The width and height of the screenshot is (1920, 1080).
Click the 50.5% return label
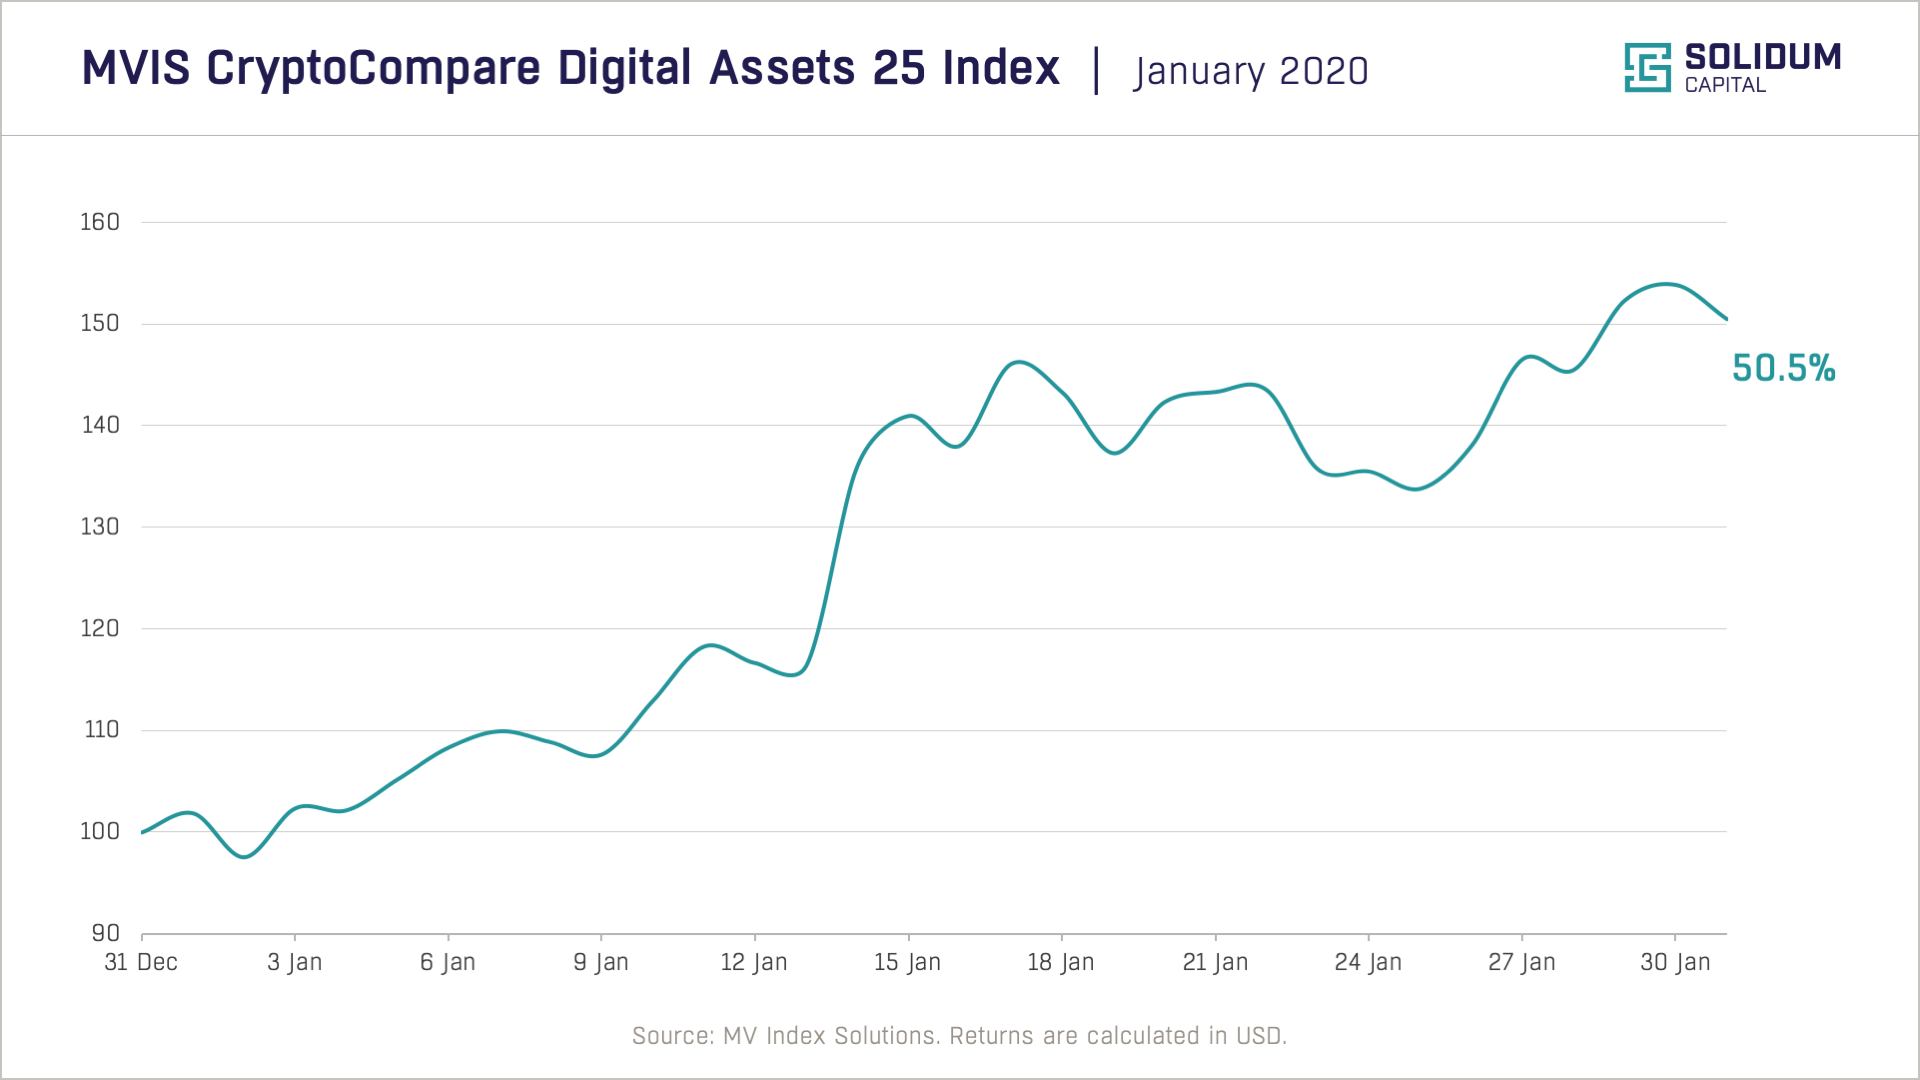click(1783, 368)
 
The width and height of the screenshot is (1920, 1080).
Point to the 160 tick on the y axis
click(100, 222)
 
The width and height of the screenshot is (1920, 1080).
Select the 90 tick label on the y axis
click(105, 933)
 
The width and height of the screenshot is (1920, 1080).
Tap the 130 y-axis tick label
click(100, 527)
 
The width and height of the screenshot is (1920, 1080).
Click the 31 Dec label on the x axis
click(141, 962)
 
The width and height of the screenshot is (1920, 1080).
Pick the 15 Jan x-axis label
click(907, 962)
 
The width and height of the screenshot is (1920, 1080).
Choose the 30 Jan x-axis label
click(1675, 962)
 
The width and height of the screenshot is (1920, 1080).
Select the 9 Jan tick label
click(601, 962)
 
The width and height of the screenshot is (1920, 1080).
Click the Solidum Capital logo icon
click(1647, 68)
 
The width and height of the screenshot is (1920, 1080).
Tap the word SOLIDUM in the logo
click(1762, 57)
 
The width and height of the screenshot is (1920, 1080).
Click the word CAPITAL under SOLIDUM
click(1725, 86)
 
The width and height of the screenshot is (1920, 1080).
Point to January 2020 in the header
click(1250, 71)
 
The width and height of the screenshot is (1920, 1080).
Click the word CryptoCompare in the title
click(374, 68)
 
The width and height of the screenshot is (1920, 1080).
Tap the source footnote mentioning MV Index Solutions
click(959, 1036)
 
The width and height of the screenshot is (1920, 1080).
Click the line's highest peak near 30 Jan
click(1665, 284)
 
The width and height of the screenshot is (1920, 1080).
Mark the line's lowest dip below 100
click(245, 857)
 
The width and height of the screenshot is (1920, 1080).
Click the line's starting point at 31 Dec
click(143, 832)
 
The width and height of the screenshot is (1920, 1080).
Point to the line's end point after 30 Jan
click(1726, 319)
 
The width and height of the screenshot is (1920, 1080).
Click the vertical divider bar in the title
click(1097, 70)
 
